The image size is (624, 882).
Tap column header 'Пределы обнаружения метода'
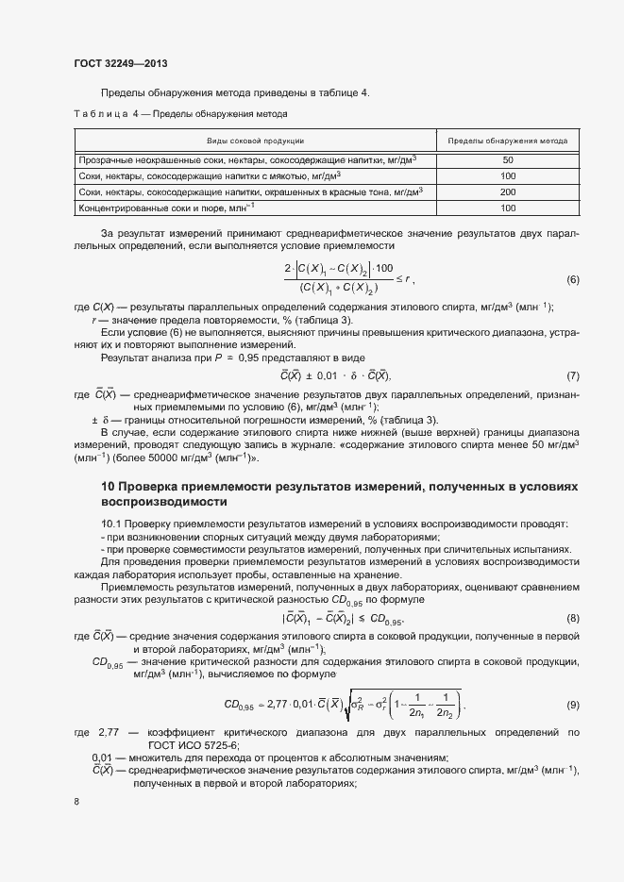point(507,141)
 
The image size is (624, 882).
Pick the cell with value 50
point(507,159)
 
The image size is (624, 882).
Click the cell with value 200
point(507,191)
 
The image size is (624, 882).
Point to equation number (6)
point(572,280)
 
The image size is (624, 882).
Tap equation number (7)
point(572,375)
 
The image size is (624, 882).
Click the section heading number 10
point(108,486)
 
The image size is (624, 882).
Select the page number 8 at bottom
point(76,802)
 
